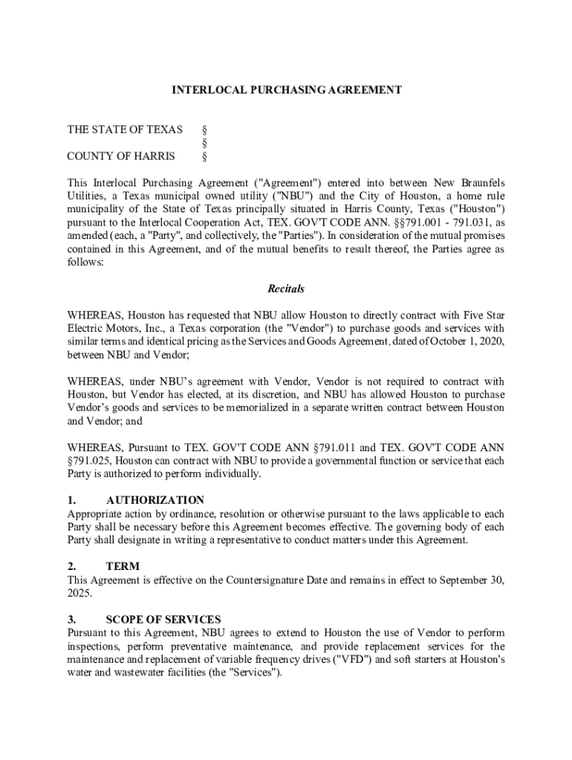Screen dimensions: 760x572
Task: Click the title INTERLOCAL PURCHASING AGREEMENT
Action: (x=287, y=90)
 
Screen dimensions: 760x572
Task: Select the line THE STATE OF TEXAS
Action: (x=125, y=130)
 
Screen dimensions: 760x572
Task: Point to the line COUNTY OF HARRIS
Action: (x=121, y=157)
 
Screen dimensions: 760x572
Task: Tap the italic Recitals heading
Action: (x=286, y=289)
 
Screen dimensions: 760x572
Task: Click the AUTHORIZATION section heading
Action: (x=155, y=500)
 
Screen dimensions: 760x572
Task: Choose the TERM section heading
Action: (x=123, y=566)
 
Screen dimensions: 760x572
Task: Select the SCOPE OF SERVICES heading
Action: (x=163, y=620)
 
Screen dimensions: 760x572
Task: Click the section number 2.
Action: (x=71, y=566)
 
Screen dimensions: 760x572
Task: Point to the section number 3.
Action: (x=71, y=620)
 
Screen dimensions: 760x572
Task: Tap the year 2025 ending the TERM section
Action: (x=79, y=594)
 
